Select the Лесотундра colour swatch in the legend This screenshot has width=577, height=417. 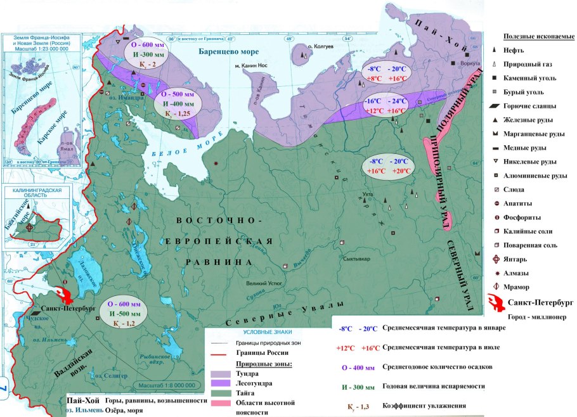(x=221, y=385)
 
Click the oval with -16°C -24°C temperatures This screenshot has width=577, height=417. (x=386, y=105)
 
